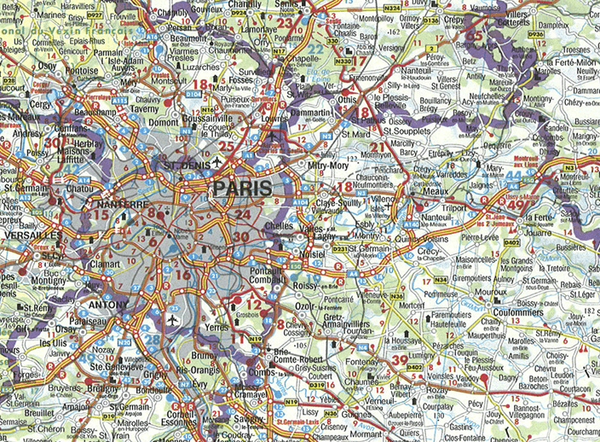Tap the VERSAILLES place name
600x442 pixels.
(32, 234)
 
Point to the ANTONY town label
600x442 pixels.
(108, 304)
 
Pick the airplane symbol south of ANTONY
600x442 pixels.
(174, 320)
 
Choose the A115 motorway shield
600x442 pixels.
(119, 100)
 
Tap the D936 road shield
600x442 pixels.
(534, 36)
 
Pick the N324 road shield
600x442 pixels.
(391, 9)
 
